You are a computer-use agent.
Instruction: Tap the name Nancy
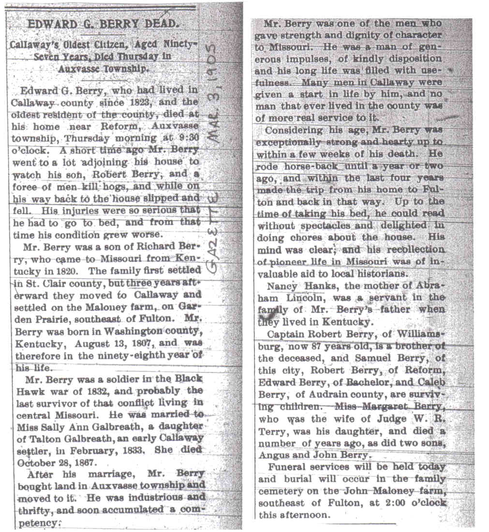pyautogui.click(x=283, y=286)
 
